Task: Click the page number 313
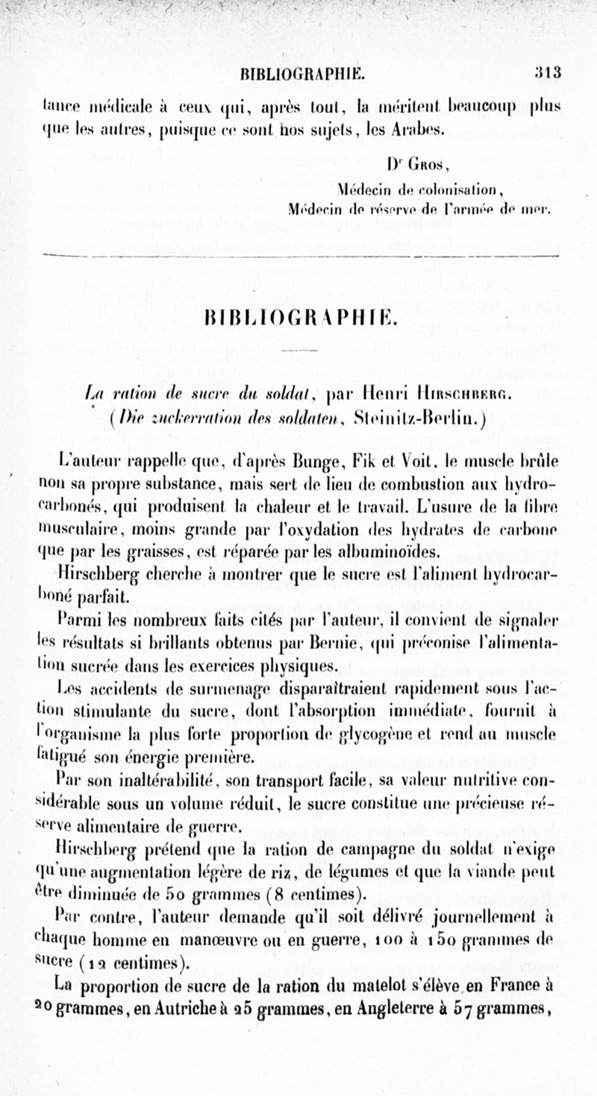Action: [547, 73]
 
